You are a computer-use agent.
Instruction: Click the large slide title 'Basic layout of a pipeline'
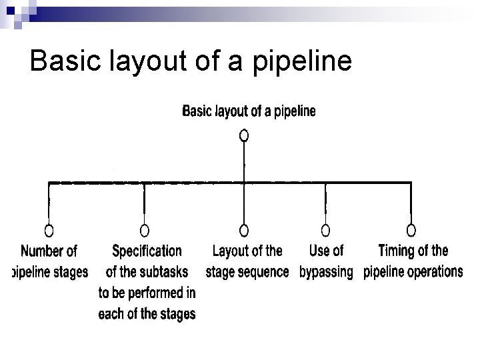[191, 61]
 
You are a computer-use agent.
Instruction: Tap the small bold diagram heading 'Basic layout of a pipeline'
[249, 111]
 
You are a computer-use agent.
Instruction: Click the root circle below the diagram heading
[244, 135]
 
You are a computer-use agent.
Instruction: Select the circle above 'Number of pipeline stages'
[49, 231]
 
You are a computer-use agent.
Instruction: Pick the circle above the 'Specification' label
[144, 231]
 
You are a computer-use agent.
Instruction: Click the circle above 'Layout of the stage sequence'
[244, 231]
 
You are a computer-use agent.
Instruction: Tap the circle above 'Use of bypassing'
[325, 231]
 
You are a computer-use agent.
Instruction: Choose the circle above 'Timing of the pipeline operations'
[411, 231]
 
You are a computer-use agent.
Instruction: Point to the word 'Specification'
[147, 251]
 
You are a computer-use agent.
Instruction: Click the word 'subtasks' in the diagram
[163, 272]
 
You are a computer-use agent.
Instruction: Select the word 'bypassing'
[326, 272]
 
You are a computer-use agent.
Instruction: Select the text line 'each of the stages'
[147, 313]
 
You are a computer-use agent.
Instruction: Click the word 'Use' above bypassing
[318, 251]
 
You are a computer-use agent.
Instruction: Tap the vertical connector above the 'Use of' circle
[325, 203]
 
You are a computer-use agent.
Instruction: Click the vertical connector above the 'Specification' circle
[144, 203]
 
